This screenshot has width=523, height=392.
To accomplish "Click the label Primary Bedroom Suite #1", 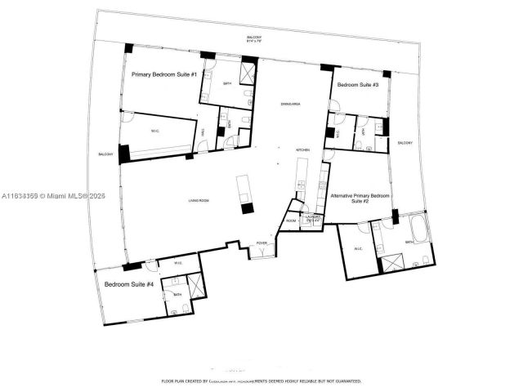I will pyautogui.click(x=164, y=74).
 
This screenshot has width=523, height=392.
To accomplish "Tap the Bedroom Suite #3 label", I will pyautogui.click(x=357, y=85).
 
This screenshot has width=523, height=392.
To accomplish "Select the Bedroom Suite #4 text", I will pyautogui.click(x=129, y=284).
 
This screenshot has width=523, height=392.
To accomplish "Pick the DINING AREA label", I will pyautogui.click(x=267, y=104).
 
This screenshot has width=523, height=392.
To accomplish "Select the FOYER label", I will pyautogui.click(x=261, y=243).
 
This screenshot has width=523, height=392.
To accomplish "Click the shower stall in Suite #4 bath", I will pyautogui.click(x=197, y=287).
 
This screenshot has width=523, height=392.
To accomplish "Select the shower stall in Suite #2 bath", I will pyautogui.click(x=391, y=264).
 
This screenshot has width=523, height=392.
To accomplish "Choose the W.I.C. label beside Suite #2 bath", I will pyautogui.click(x=358, y=249).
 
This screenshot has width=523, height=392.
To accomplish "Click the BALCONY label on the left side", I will pyautogui.click(x=105, y=154).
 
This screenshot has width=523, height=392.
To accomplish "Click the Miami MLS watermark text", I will pyautogui.click(x=54, y=196).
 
